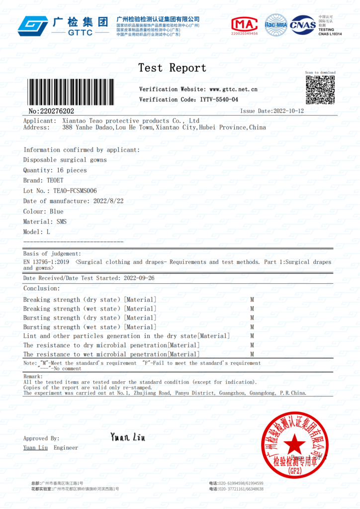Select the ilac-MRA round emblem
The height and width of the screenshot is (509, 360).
(275, 25)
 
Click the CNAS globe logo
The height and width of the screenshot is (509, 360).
(303, 25)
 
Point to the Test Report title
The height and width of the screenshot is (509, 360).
(172, 68)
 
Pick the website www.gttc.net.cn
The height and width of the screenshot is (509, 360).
(233, 89)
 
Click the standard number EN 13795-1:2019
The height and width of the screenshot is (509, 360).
(47, 262)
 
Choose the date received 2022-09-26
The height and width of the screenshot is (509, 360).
(139, 278)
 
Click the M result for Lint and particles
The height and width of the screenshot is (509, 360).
(252, 336)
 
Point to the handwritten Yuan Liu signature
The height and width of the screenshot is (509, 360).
(128, 437)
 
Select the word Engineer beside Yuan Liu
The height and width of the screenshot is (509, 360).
(66, 448)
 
